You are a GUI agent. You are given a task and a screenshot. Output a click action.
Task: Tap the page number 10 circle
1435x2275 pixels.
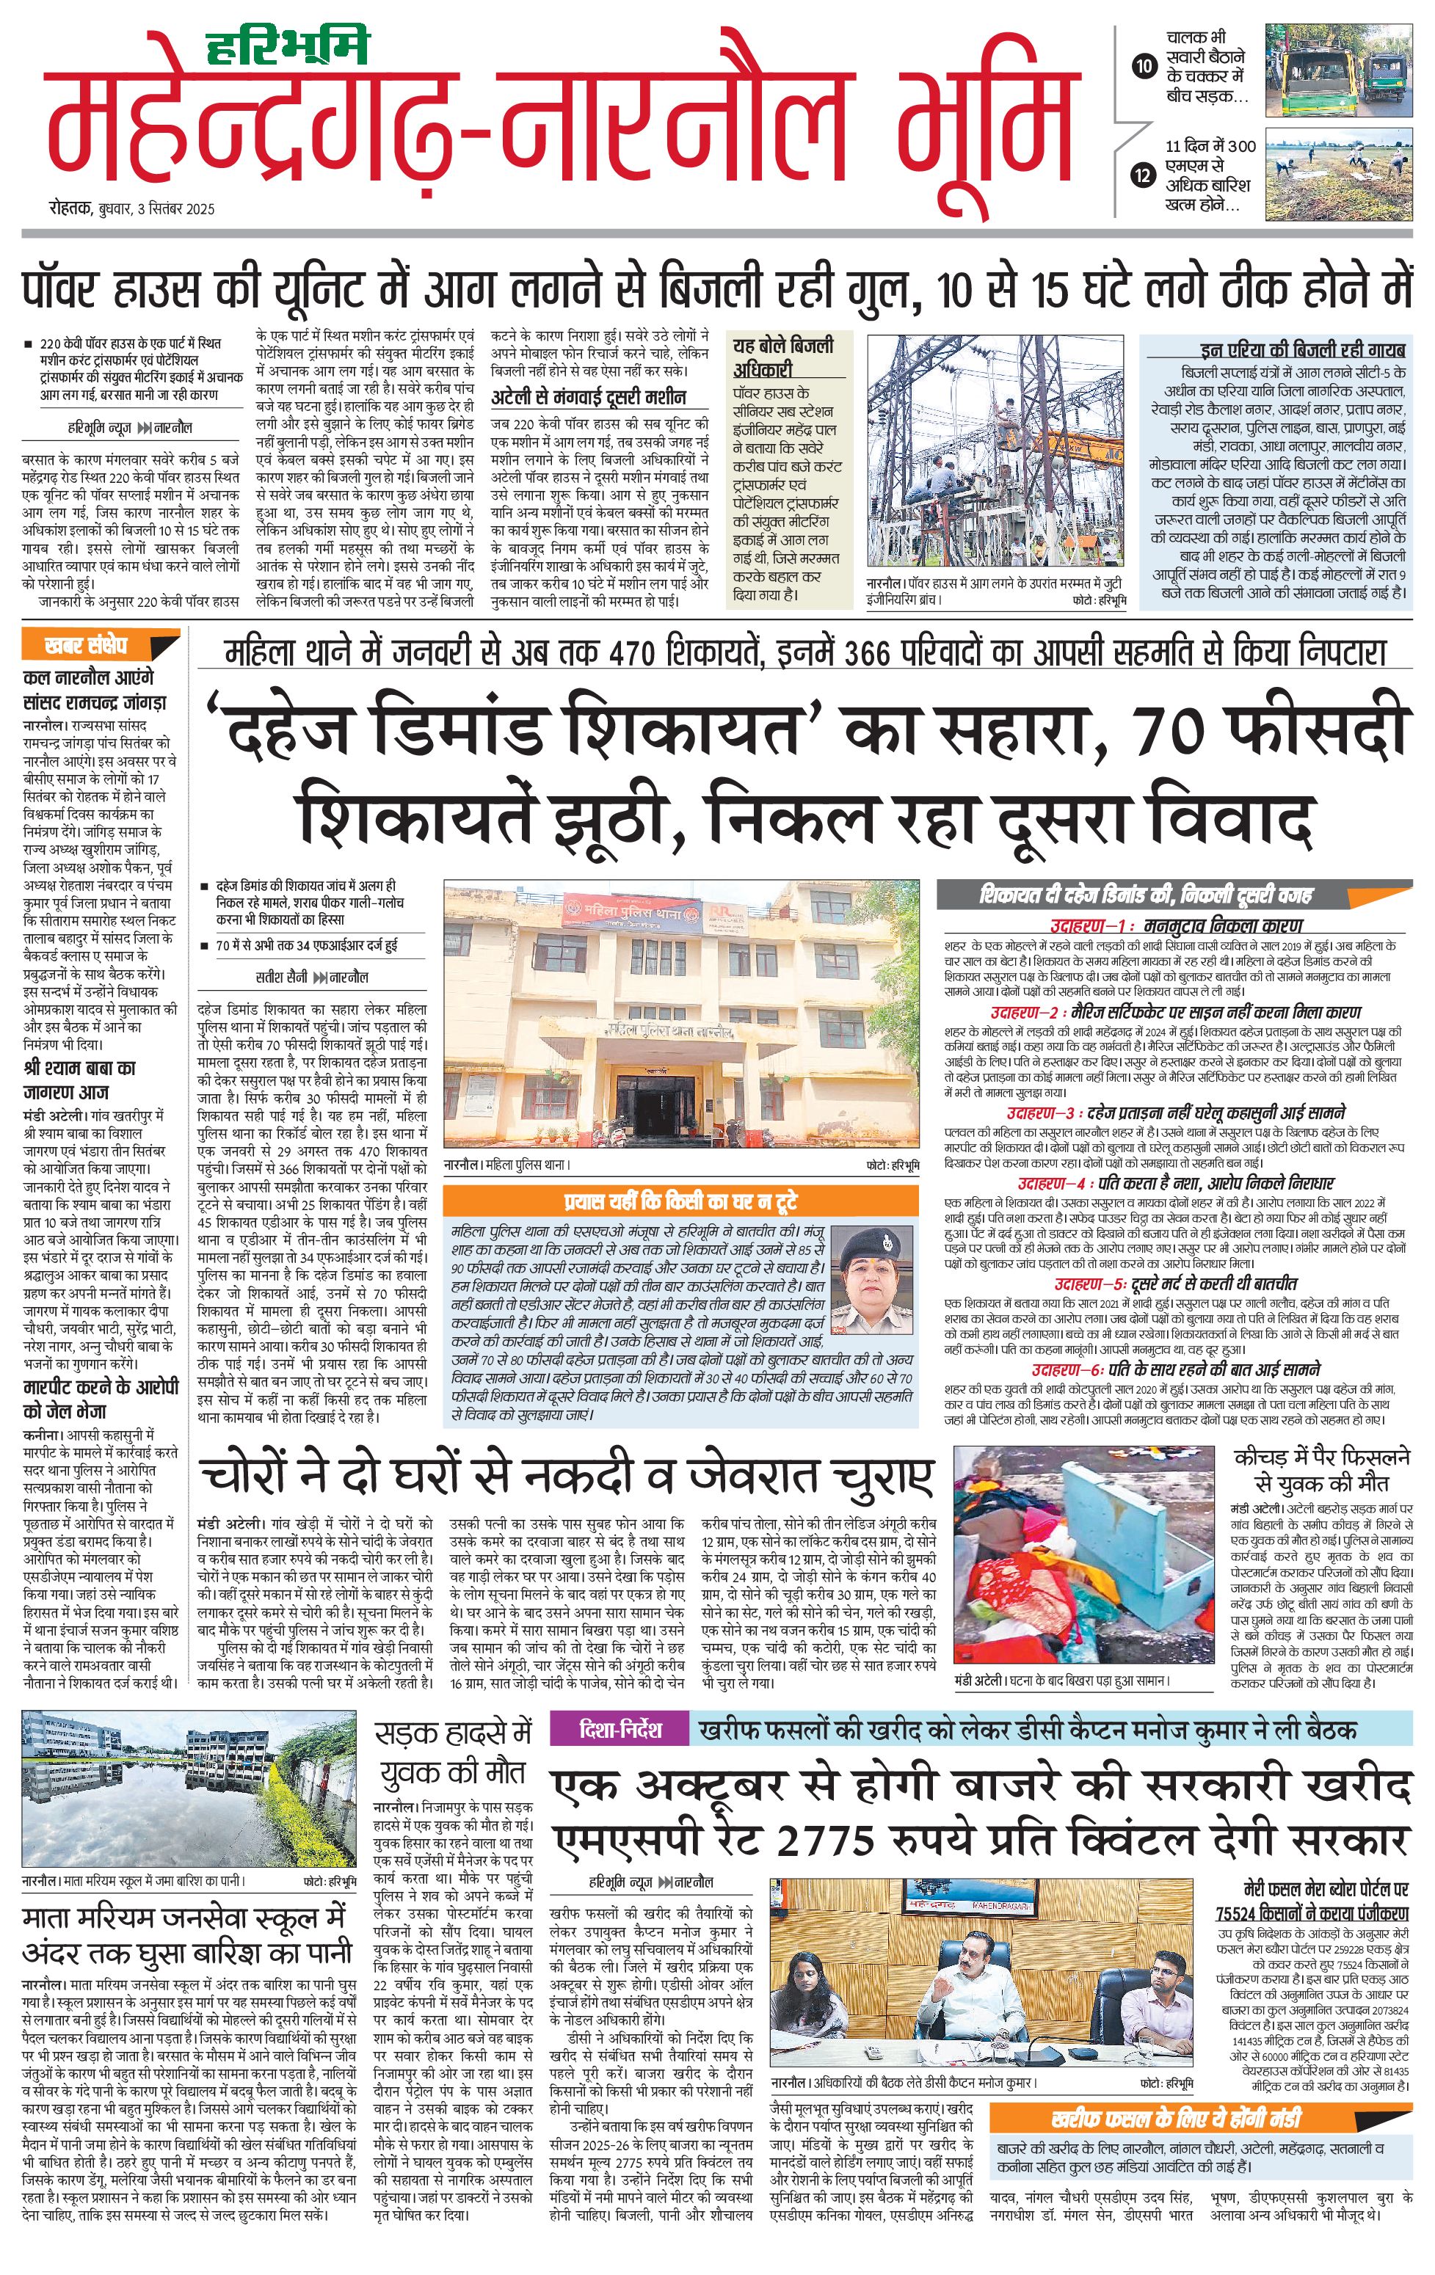[x=1144, y=66]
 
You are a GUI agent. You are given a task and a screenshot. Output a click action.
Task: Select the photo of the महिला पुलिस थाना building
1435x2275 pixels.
[x=681, y=1015]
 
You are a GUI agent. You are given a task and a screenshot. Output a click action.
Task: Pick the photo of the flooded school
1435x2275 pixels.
[x=189, y=1788]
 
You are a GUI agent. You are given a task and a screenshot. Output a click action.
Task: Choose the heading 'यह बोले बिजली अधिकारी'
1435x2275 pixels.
[x=783, y=357]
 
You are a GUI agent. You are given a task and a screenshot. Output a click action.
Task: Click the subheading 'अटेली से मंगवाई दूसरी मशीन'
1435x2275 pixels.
[x=588, y=397]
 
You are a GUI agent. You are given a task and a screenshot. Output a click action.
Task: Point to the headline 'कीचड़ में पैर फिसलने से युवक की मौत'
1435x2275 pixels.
[x=1322, y=1469]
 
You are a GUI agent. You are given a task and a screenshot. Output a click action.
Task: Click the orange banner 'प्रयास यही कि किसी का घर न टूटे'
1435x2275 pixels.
[x=680, y=1201]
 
